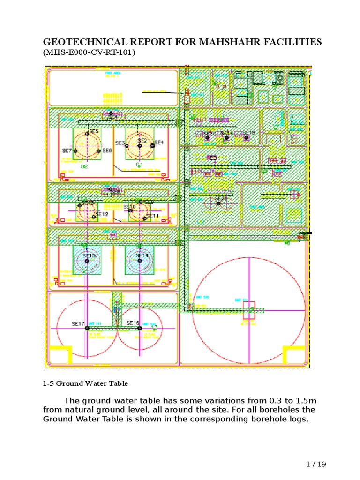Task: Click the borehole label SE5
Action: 94,132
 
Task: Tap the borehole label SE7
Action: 67,151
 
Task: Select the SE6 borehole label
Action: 107,151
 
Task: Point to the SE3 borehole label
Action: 120,143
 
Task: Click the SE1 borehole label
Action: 158,142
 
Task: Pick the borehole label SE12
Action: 102,214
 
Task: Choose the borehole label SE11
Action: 152,216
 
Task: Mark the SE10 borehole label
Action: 129,207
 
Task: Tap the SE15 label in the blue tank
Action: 89,256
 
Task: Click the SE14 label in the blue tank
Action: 142,256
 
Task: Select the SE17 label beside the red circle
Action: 78,324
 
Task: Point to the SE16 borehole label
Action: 133,323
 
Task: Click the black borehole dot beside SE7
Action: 75,151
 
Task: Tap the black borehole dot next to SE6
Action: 99,151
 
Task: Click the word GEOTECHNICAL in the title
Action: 83,42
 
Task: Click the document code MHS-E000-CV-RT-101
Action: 89,52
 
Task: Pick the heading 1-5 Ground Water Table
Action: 85,383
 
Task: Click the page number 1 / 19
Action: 315,465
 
